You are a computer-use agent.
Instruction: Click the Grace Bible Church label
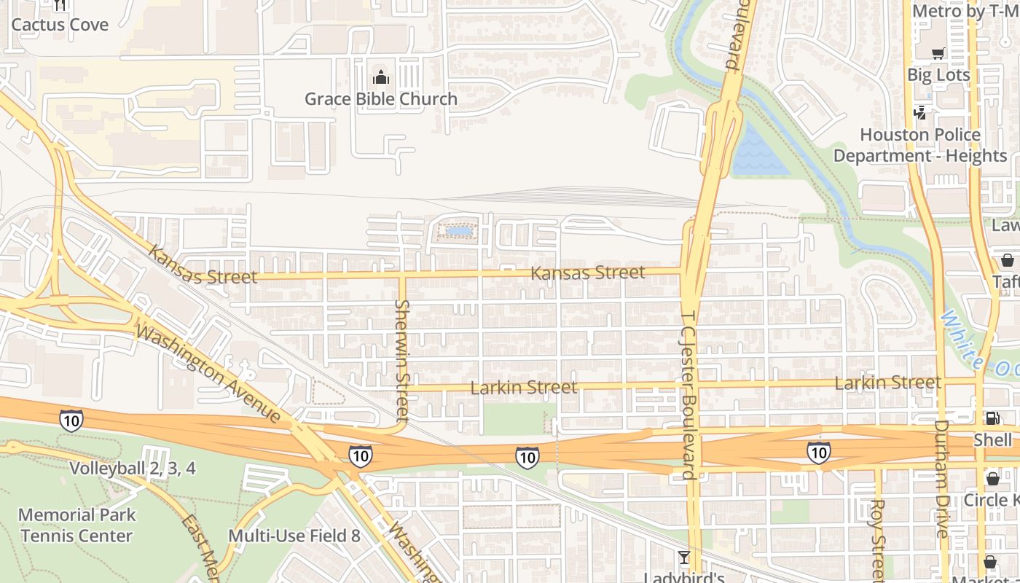pos(380,98)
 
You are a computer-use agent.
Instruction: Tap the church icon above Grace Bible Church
pos(380,77)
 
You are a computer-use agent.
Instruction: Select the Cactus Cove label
pos(60,24)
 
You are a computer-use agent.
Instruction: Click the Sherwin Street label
pos(402,360)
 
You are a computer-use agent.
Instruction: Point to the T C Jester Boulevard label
pos(687,394)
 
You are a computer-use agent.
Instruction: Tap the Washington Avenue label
pos(208,374)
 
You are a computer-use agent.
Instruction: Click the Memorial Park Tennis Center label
pos(76,525)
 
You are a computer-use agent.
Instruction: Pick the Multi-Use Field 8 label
pos(294,536)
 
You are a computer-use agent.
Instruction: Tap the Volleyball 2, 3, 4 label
pos(133,468)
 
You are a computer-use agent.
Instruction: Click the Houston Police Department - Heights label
pos(919,145)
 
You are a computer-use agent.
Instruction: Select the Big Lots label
pos(938,75)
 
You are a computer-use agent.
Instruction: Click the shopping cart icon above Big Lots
pos(938,53)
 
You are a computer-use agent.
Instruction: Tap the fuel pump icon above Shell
pos(992,418)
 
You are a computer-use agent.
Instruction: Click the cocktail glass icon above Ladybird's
pos(683,558)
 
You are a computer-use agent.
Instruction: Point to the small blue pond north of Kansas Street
pos(459,231)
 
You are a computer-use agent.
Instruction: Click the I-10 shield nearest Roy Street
pos(818,452)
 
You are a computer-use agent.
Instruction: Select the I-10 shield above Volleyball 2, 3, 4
pos(71,420)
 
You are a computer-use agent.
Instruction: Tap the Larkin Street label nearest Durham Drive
pos(887,382)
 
